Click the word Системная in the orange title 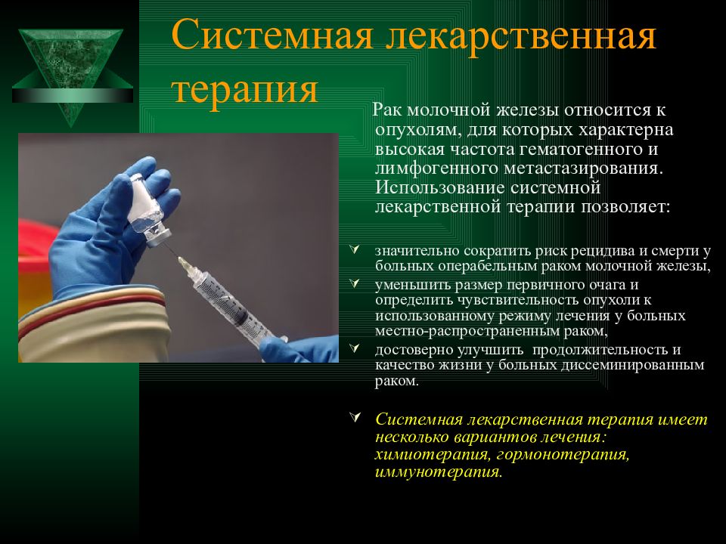272,36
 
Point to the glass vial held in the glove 147,209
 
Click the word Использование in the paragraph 440,187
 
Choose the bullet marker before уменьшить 355,283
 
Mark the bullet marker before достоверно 355,348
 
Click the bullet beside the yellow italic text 355,417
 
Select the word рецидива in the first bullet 603,251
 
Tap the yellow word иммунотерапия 439,472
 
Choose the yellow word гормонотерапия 563,455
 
